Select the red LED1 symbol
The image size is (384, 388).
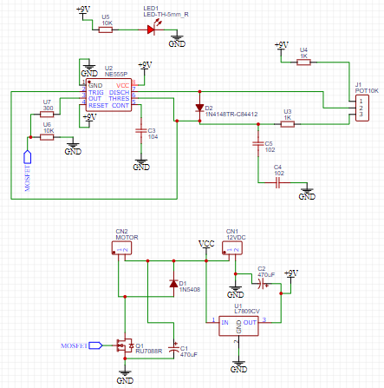tap(151, 29)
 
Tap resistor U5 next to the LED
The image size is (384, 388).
tap(105, 29)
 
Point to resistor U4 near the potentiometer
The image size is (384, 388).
tap(303, 62)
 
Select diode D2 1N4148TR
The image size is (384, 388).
tap(199, 109)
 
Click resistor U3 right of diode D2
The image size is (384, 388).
tap(287, 124)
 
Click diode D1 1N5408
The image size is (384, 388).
tap(174, 283)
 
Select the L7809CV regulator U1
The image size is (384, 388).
tap(236, 324)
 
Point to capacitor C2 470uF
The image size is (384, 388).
tap(262, 282)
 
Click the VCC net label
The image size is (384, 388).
tap(205, 243)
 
